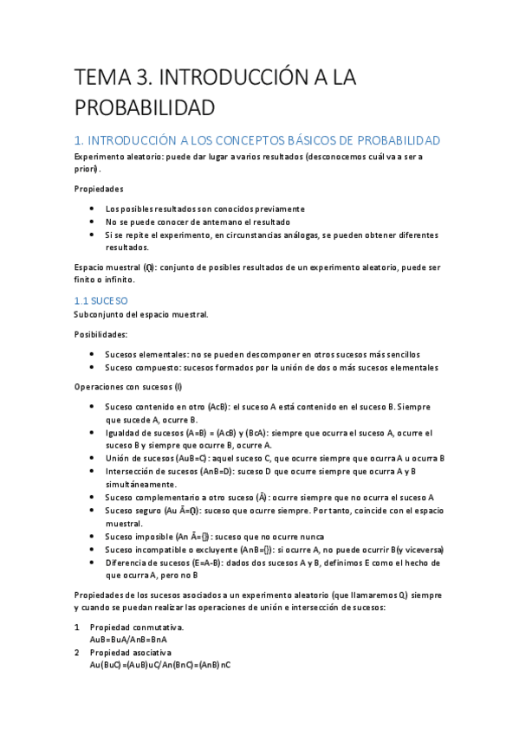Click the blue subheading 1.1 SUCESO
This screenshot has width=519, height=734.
coord(101,300)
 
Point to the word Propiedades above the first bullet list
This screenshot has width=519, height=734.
coord(98,189)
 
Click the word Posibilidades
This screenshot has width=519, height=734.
coord(101,334)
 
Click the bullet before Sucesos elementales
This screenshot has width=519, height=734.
coord(93,354)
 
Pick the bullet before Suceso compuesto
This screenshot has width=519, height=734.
coord(93,367)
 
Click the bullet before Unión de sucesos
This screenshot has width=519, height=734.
coord(93,458)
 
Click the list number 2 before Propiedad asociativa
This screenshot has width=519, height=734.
coord(77,652)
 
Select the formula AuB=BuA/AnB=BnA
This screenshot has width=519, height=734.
coord(128,639)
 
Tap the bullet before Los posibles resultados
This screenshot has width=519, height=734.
coord(93,209)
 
